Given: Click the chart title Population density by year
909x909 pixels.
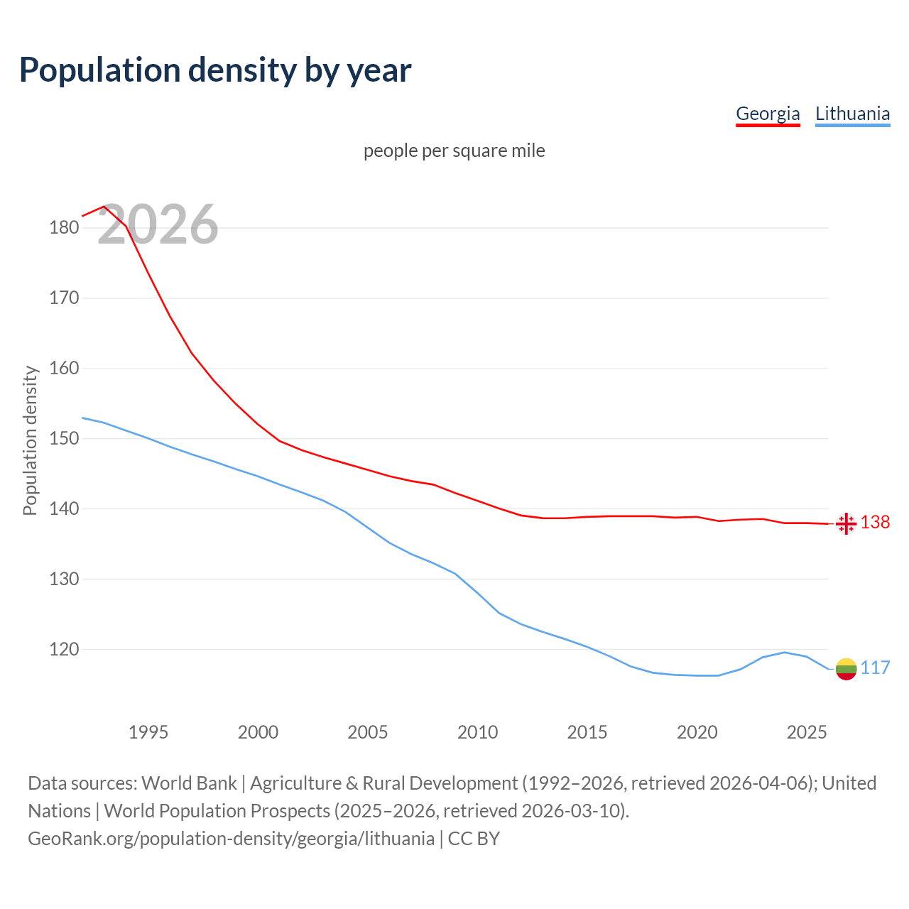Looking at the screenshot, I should (215, 70).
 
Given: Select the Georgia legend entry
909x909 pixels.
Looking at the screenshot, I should (768, 114).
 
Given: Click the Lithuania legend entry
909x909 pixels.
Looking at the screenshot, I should (852, 114).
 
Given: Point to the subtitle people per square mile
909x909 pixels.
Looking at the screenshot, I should (454, 151).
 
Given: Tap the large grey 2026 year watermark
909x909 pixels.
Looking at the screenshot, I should (158, 225).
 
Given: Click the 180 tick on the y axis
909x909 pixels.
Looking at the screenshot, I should (64, 228).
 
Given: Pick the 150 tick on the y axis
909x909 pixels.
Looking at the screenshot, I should (64, 439).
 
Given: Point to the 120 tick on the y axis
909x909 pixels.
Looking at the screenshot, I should (64, 649).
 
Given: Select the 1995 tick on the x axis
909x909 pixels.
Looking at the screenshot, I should (148, 732).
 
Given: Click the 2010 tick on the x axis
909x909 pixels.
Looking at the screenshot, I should (477, 732).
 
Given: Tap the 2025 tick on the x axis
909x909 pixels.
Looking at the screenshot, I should (807, 732).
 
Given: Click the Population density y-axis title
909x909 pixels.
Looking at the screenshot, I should (30, 440).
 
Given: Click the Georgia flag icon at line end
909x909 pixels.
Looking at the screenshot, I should (846, 523).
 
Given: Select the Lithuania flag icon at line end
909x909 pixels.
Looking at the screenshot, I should (846, 669).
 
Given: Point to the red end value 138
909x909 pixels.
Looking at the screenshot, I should (875, 523).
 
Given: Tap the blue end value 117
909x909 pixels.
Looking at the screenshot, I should (875, 668).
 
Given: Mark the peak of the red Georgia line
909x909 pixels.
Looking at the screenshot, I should (104, 207).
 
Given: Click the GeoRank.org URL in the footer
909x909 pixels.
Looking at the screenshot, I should (231, 839).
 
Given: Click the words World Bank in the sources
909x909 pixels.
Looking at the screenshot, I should (189, 783).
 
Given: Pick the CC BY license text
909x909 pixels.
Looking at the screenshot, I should (474, 839).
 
